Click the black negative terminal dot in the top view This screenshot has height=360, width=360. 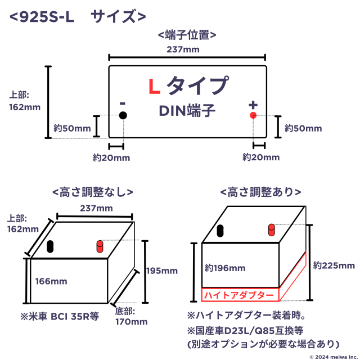(x=123, y=115)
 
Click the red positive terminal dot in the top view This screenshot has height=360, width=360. (x=253, y=115)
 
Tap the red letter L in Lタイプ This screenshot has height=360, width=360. (x=154, y=87)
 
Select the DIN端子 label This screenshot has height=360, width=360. (x=187, y=110)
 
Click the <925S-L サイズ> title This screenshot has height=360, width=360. (x=78, y=16)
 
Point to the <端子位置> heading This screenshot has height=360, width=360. (x=187, y=35)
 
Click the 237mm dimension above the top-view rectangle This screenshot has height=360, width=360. (x=183, y=49)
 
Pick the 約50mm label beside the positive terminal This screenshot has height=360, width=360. (x=303, y=128)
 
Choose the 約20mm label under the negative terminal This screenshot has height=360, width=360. (x=111, y=157)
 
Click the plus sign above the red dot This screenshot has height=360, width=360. (x=253, y=105)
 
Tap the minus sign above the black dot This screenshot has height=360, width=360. (x=123, y=103)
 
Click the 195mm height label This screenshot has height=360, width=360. (x=162, y=271)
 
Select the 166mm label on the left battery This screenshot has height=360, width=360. (x=51, y=281)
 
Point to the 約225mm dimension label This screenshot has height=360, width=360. (x=334, y=265)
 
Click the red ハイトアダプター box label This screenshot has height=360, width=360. (x=239, y=295)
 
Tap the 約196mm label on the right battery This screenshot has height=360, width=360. (x=225, y=268)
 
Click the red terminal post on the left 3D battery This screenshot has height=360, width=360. (x=100, y=246)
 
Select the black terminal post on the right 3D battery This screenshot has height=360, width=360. (x=220, y=231)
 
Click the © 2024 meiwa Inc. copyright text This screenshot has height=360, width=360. (x=334, y=357)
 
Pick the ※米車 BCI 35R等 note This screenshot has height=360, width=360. (x=60, y=316)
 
